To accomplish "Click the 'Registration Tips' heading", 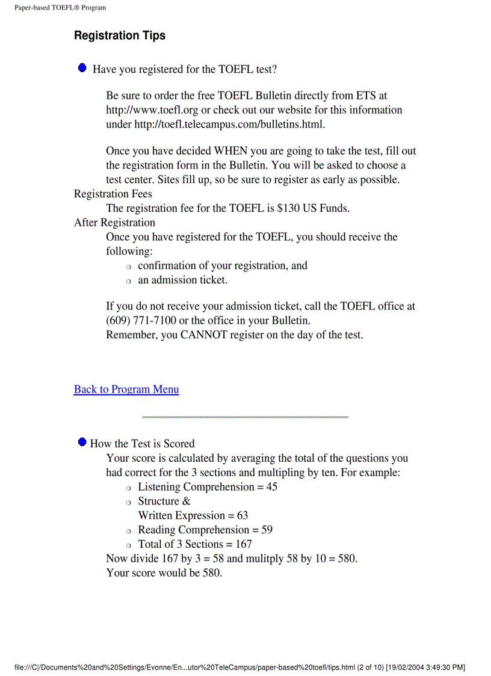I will coord(120,36).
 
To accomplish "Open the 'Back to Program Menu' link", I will coord(126,389).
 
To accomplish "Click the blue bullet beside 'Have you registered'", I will coord(82,68).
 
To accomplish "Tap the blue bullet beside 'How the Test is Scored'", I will coord(82,442).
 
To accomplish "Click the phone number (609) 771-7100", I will coord(141,320).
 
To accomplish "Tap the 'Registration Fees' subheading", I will coord(113,194).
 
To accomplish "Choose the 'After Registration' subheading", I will coord(114,223).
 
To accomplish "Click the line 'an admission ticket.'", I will coord(183,280).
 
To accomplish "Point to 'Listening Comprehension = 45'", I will coord(208,487).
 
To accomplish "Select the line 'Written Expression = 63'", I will coord(193,515).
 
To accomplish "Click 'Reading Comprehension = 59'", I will coord(205,530).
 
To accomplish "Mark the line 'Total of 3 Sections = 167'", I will coord(195,544).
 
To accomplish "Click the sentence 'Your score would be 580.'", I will coord(164,572).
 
